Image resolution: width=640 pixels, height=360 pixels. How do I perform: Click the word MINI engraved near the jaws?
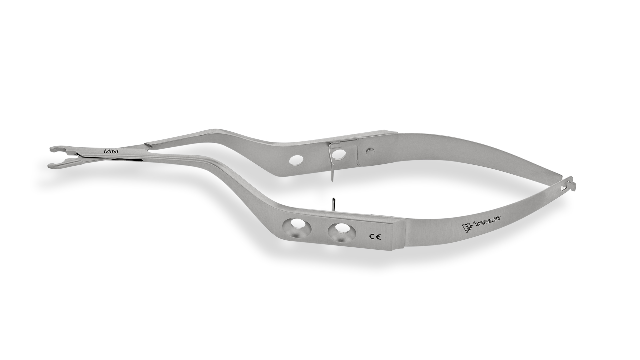point(112,151)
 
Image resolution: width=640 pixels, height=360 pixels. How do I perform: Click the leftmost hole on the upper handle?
point(295,161)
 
